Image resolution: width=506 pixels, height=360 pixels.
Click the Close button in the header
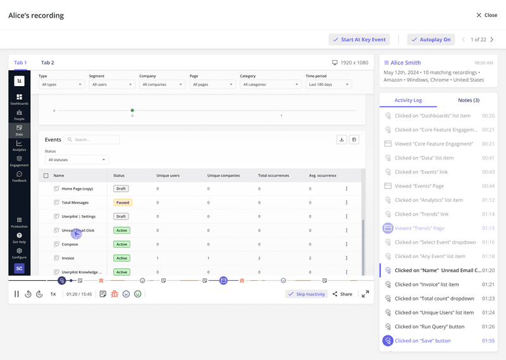pyautogui.click(x=486, y=15)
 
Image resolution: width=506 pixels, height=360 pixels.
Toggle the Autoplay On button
pyautogui.click(x=431, y=39)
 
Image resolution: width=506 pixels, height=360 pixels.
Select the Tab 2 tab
pyautogui.click(x=47, y=63)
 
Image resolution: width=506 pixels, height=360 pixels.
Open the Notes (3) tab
pyautogui.click(x=468, y=100)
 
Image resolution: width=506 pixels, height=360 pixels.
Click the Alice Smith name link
pyautogui.click(x=405, y=63)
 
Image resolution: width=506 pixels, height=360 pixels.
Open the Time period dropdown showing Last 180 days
pyautogui.click(x=328, y=84)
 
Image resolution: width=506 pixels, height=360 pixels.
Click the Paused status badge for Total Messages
pyautogui.click(x=123, y=202)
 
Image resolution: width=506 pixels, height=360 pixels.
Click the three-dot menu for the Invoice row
pyautogui.click(x=347, y=258)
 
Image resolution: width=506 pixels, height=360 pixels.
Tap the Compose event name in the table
pyautogui.click(x=70, y=244)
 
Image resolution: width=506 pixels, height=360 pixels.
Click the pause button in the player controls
pyautogui.click(x=17, y=294)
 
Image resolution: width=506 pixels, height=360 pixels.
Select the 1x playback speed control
pyautogui.click(x=53, y=294)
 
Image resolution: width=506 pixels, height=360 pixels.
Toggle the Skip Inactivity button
pyautogui.click(x=307, y=294)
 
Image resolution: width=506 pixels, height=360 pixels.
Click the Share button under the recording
pyautogui.click(x=342, y=294)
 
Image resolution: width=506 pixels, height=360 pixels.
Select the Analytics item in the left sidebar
pyautogui.click(x=19, y=146)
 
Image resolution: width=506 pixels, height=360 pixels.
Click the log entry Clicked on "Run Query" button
pyautogui.click(x=429, y=326)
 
